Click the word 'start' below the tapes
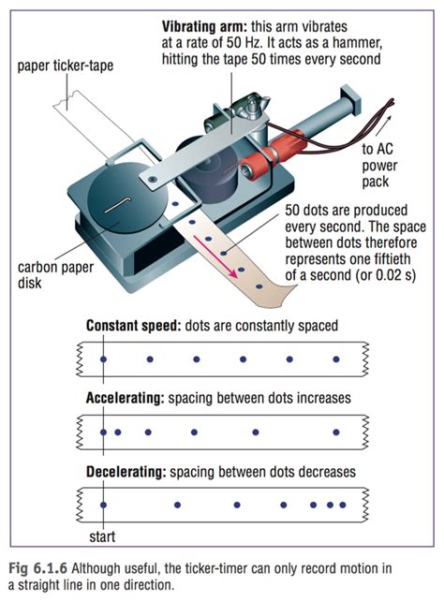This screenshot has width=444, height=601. (102, 537)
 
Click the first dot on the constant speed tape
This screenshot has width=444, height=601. (102, 359)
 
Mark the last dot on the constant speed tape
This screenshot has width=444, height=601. (336, 359)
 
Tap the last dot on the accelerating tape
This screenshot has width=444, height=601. (332, 432)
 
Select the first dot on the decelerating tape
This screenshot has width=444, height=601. (102, 505)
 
